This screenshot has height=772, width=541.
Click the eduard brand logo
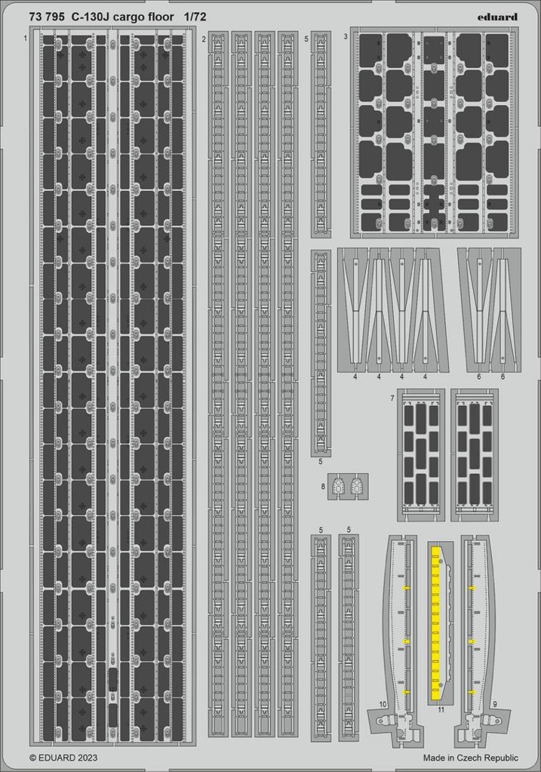497,17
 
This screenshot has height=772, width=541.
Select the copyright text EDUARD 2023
63,758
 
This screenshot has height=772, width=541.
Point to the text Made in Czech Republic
471,758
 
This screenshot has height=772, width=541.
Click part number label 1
25,38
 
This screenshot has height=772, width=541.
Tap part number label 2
203,38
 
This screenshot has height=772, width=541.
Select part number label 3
346,36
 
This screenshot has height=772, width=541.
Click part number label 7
392,398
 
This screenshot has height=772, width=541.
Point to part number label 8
323,487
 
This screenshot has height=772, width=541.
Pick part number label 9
494,705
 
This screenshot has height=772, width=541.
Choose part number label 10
383,705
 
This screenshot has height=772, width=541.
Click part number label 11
441,710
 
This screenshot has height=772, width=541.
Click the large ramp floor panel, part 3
435,132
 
